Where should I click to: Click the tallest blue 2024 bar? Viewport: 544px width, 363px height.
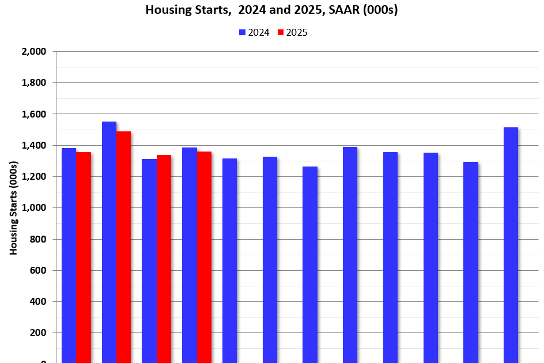109,242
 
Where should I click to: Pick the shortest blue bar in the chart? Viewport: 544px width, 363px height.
310,264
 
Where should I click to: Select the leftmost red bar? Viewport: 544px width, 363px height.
84,257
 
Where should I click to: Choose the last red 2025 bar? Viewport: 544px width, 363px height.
204,257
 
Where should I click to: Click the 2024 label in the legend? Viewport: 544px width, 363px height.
259,33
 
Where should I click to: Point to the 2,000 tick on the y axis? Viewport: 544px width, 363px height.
34,52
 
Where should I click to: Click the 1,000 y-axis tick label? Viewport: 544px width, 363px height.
34,208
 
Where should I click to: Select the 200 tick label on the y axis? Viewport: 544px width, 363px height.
38,333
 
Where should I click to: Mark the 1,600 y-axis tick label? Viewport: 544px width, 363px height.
34,114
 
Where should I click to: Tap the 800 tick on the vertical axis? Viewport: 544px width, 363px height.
38,239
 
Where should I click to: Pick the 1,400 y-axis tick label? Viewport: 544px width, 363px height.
34,146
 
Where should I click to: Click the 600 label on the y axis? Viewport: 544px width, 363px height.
38,271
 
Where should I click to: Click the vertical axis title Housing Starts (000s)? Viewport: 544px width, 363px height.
13,208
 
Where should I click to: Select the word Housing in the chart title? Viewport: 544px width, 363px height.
165,10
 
